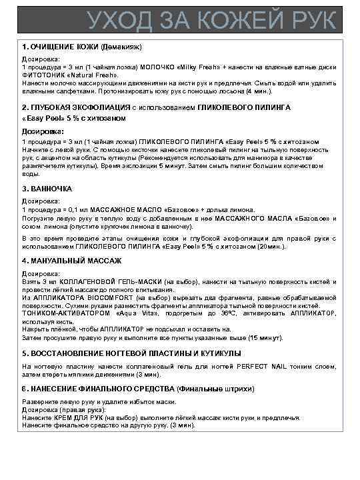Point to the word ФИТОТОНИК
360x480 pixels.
point(43,74)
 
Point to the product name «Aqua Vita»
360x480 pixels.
point(138,313)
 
